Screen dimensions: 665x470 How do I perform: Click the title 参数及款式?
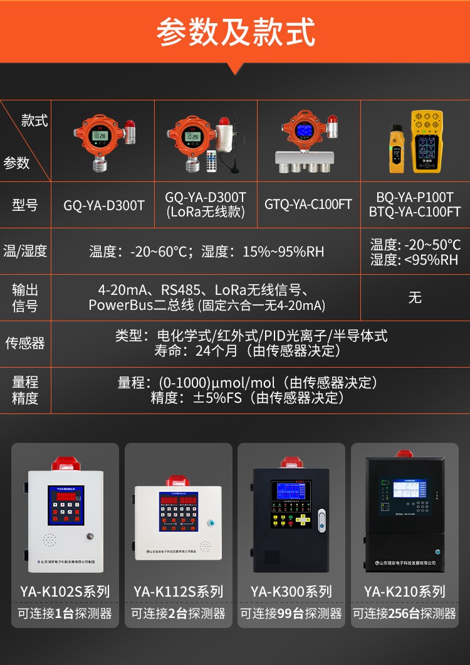[x=236, y=31]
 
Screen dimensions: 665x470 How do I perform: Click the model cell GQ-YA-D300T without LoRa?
[x=104, y=205]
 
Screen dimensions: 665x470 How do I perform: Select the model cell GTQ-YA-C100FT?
[x=308, y=205]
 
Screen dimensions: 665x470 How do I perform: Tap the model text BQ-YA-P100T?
[x=415, y=197]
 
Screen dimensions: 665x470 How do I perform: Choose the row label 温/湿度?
[x=25, y=252]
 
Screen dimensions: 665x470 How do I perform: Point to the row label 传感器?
[x=25, y=343]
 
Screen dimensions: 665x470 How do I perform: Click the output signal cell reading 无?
[x=415, y=298]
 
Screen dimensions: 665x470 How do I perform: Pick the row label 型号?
[x=25, y=205]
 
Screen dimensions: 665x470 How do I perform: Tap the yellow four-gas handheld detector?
[x=427, y=142]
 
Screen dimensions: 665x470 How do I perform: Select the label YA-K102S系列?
[x=65, y=592]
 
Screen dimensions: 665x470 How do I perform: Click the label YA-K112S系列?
[x=178, y=592]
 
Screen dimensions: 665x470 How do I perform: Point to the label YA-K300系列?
[x=291, y=592]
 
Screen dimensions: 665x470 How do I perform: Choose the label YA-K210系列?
[x=405, y=592]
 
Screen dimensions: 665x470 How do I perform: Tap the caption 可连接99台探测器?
[x=291, y=614]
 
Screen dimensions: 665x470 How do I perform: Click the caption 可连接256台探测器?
[x=405, y=614]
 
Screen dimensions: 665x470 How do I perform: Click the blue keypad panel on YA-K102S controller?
[x=66, y=504]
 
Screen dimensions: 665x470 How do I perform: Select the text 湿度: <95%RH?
[x=415, y=260]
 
